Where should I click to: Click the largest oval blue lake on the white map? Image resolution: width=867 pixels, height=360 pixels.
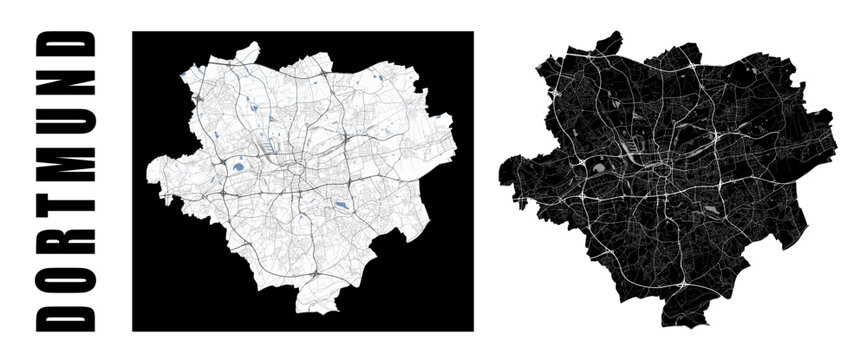[x=241, y=168]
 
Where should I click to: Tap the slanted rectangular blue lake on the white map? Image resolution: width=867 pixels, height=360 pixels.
[x=343, y=206]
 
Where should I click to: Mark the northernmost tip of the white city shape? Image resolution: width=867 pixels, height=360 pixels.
[x=254, y=44]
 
